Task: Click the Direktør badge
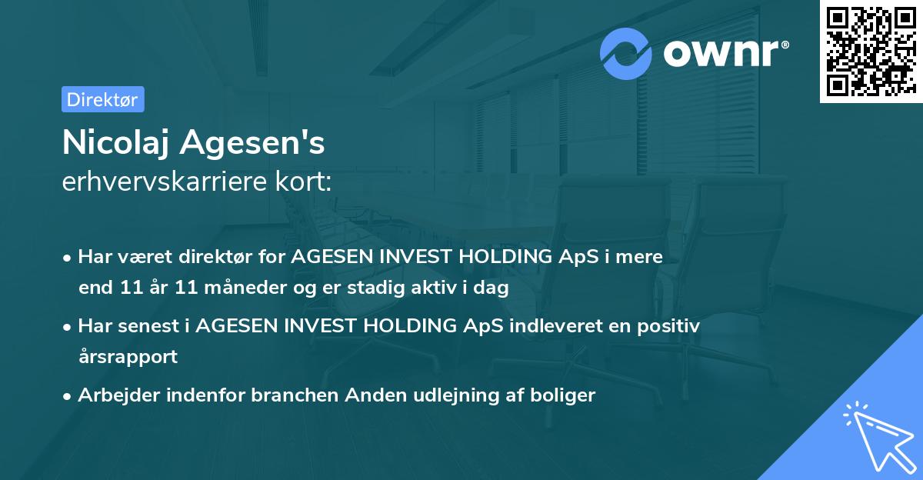tap(102, 99)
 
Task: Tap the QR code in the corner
tap(871, 52)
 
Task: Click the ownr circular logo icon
tap(626, 54)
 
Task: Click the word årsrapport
tap(128, 356)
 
